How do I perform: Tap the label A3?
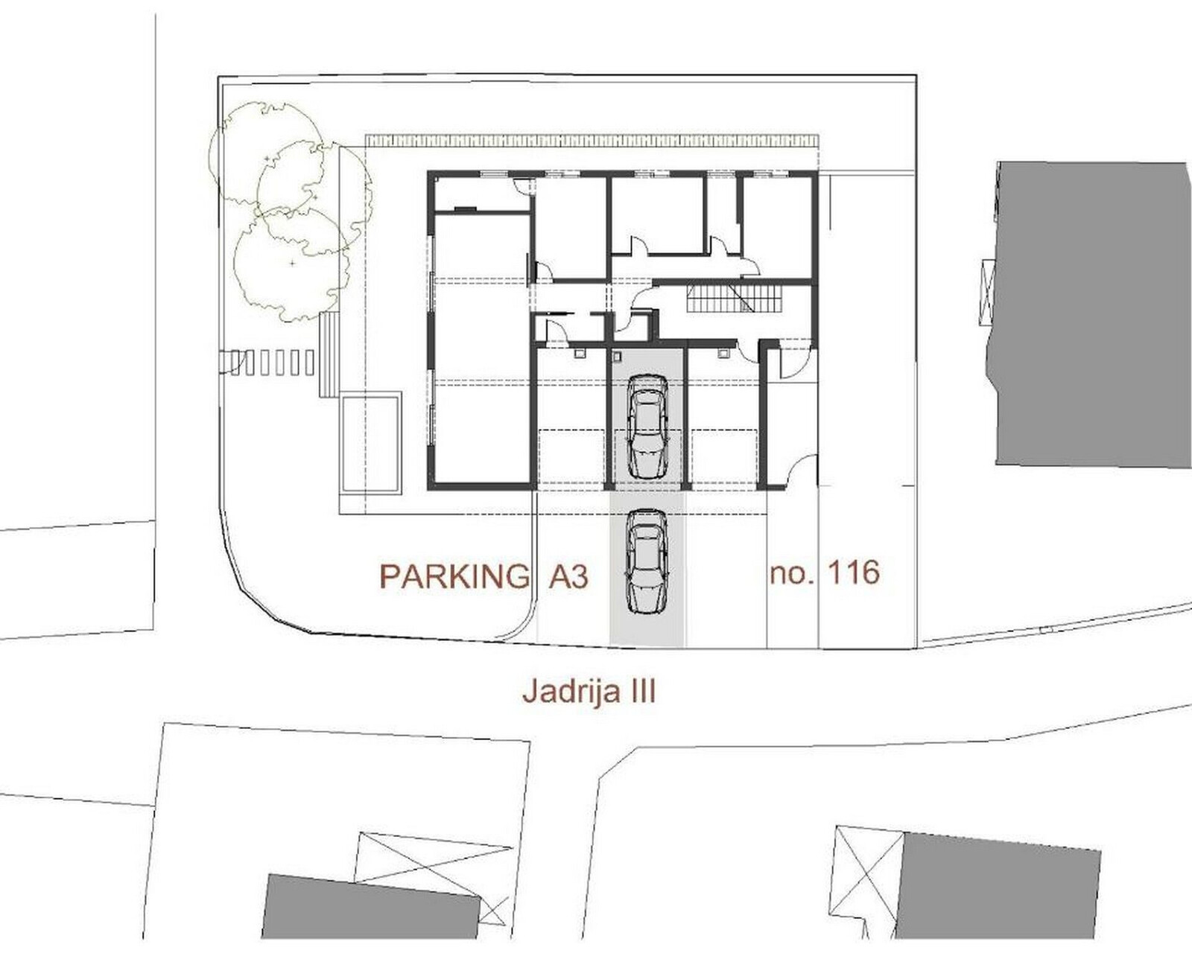tap(568, 576)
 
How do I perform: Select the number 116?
tap(853, 572)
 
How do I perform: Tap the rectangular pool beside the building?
tap(370, 442)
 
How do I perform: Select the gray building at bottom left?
tap(370, 908)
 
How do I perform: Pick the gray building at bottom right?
tap(997, 891)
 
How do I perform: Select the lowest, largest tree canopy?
tap(293, 265)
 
